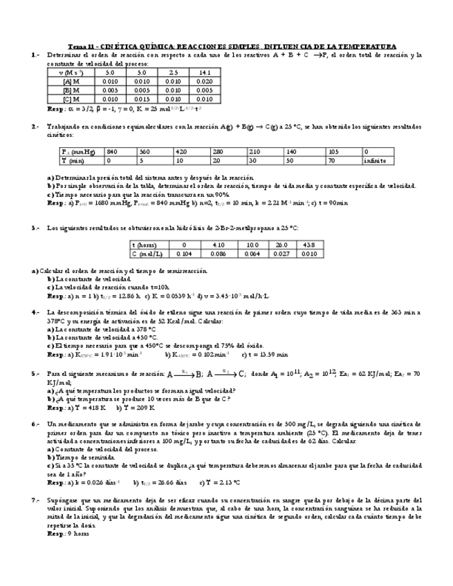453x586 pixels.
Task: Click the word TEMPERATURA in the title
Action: coord(370,46)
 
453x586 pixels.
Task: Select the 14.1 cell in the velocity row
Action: coord(205,72)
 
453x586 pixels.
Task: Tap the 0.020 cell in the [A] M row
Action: coord(205,81)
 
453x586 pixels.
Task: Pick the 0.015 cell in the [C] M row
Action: coord(142,99)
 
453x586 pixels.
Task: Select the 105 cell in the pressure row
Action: coord(335,151)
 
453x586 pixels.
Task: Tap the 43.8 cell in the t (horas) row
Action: coord(309,245)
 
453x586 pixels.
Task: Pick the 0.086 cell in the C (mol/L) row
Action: coord(218,254)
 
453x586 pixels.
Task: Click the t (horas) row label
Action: coord(144,245)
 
